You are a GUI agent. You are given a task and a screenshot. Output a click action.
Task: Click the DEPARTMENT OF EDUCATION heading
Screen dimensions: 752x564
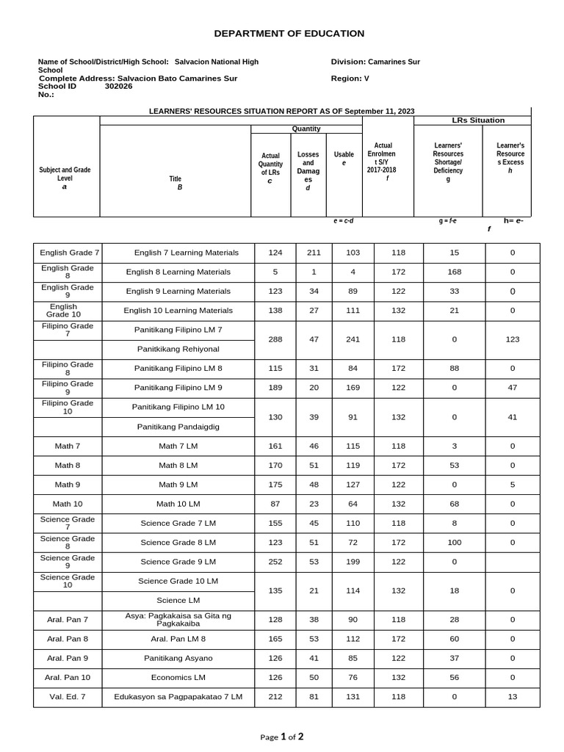pyautogui.click(x=289, y=34)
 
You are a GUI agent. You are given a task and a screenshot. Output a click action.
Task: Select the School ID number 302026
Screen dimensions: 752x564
pyautogui.click(x=119, y=86)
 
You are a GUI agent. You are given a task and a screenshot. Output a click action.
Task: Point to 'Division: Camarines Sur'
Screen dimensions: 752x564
pyautogui.click(x=375, y=62)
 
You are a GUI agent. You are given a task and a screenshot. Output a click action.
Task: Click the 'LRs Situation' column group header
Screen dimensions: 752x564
pyautogui.click(x=477, y=120)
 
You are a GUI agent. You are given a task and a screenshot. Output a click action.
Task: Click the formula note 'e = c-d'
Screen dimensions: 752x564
pyautogui.click(x=344, y=220)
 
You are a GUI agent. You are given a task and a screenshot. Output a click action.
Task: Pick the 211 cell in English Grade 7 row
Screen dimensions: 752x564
pyautogui.click(x=314, y=253)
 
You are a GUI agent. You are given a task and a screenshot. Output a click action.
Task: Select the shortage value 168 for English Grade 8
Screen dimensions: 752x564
pyautogui.click(x=455, y=272)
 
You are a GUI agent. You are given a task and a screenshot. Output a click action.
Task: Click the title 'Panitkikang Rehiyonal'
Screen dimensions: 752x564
pyautogui.click(x=178, y=349)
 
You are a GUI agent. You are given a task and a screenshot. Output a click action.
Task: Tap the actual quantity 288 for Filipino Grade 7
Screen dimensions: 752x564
pyautogui.click(x=275, y=339)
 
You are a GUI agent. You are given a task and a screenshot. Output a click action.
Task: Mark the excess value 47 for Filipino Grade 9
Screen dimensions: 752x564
pyautogui.click(x=513, y=388)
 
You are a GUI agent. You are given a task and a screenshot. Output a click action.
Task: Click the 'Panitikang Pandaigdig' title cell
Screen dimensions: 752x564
pyautogui.click(x=178, y=427)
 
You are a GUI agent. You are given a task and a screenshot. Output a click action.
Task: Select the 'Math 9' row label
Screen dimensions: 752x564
pyautogui.click(x=67, y=485)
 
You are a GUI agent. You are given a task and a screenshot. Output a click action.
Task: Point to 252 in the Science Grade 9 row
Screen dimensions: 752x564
pyautogui.click(x=275, y=562)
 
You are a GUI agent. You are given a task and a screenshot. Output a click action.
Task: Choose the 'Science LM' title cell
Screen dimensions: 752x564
pyautogui.click(x=178, y=601)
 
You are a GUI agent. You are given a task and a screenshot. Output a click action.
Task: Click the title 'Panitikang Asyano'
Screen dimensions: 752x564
pyautogui.click(x=178, y=658)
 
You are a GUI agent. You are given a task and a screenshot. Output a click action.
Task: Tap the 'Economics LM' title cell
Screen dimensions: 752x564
pyautogui.click(x=178, y=677)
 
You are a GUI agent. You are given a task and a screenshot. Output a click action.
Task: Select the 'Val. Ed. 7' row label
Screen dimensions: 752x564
pyautogui.click(x=67, y=696)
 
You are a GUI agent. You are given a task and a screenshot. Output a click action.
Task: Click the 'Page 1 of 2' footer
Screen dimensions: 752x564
pyautogui.click(x=281, y=737)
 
